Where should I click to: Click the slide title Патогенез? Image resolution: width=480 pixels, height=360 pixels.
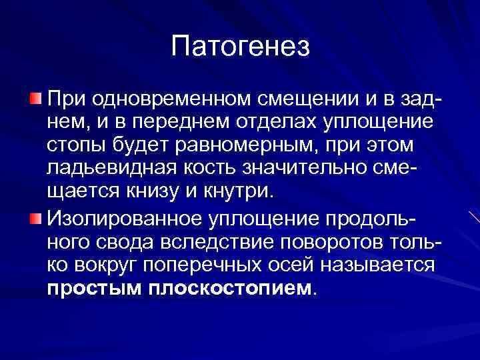coord(240,46)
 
